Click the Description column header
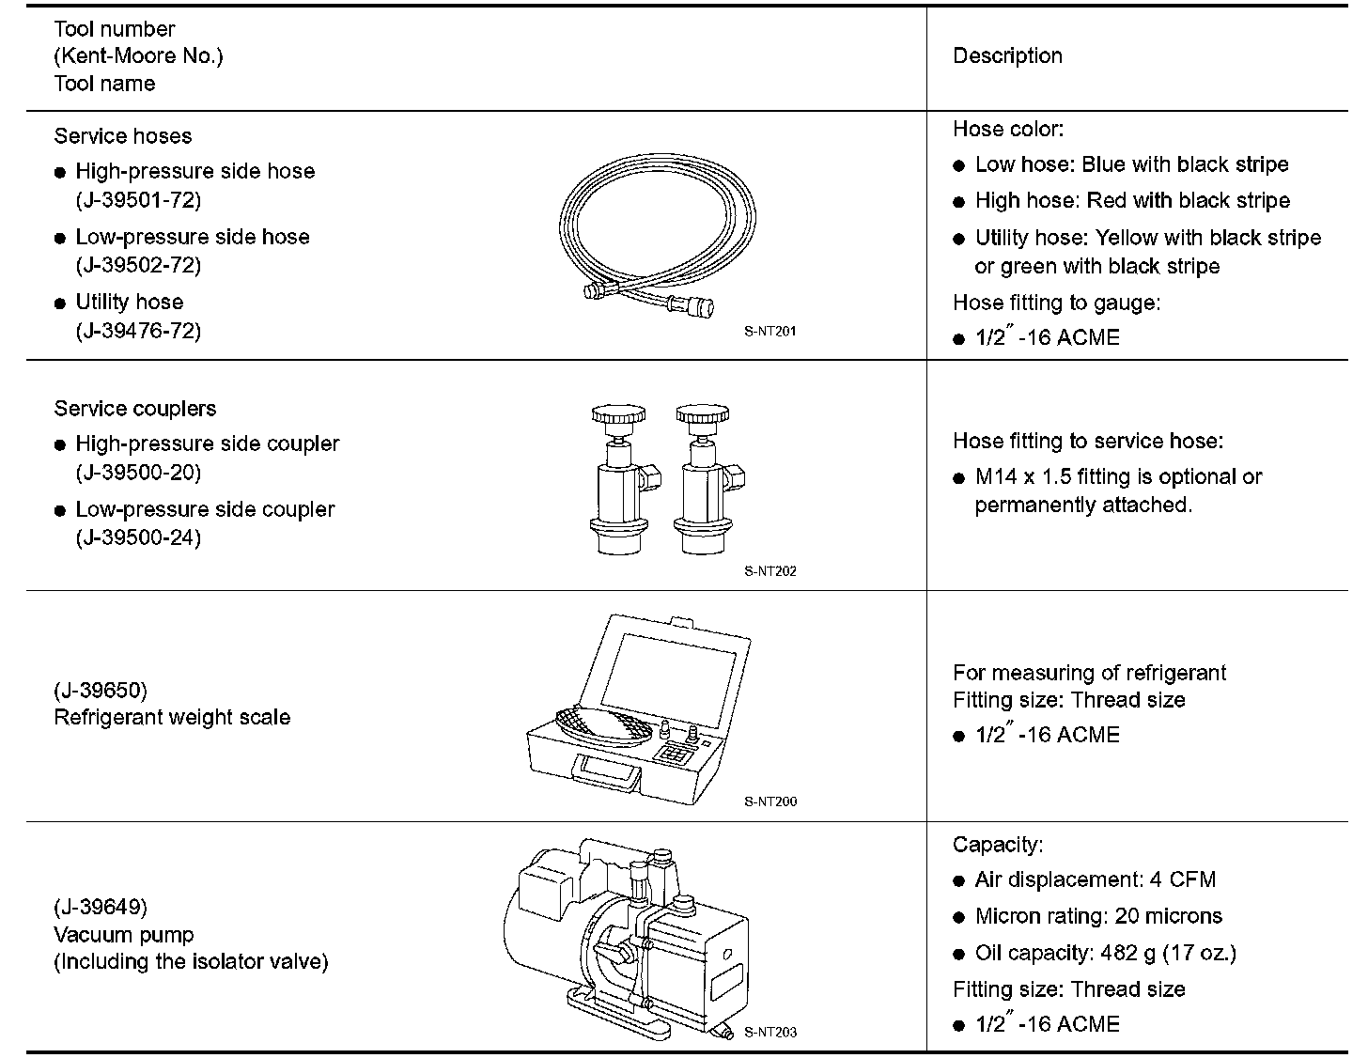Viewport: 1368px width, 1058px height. click(1007, 56)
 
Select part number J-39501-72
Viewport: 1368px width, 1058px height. click(138, 199)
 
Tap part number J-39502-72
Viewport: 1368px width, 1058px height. click(138, 265)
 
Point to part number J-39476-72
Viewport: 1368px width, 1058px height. click(138, 331)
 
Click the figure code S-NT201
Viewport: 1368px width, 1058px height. click(770, 331)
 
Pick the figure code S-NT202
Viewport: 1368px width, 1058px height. click(770, 570)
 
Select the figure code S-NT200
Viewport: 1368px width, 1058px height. click(770, 801)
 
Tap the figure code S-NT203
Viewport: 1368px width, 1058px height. click(770, 1032)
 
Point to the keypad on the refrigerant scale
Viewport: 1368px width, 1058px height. click(674, 753)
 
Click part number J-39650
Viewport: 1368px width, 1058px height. click(101, 691)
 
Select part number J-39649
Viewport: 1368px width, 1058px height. click(101, 907)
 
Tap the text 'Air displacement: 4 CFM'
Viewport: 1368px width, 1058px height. click(1095, 880)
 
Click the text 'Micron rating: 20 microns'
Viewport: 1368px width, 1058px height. click(1098, 916)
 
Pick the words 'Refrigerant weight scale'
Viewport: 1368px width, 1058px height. click(172, 718)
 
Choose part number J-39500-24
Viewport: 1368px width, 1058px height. click(138, 537)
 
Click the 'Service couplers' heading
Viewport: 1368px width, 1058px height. click(135, 409)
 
